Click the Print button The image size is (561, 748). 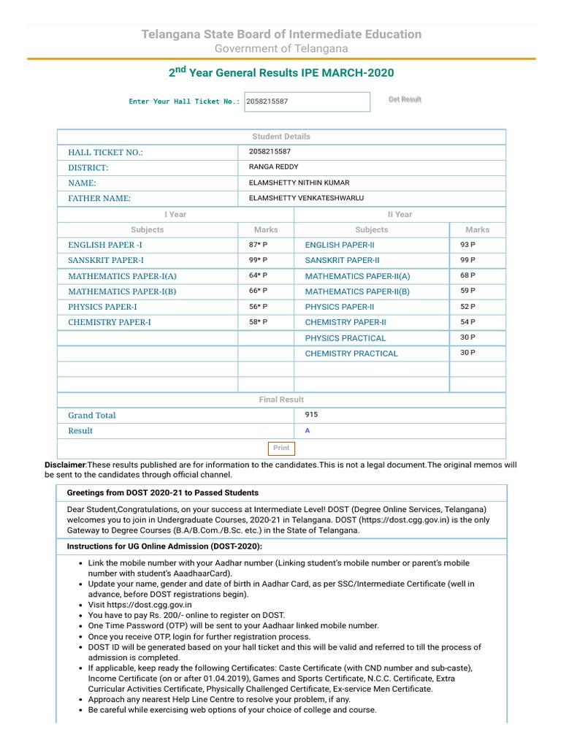click(281, 448)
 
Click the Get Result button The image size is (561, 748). click(405, 99)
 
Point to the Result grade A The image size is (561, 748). click(308, 431)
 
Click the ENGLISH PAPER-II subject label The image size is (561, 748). click(340, 245)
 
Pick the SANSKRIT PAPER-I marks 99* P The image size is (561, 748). click(258, 260)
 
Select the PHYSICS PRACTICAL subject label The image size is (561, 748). click(345, 338)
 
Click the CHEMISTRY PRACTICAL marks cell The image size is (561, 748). click(467, 353)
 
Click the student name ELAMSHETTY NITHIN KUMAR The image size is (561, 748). click(299, 183)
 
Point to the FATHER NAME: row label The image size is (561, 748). click(99, 199)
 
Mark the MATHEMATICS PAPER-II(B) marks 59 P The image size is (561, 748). click(467, 291)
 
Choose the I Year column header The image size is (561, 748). click(175, 214)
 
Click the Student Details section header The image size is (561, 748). click(281, 137)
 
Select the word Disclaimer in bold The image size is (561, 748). click(65, 465)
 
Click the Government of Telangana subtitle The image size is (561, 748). click(281, 48)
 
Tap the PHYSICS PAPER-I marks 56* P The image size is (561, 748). click(258, 307)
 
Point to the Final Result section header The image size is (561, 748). click(281, 400)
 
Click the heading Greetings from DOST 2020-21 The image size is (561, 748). click(162, 492)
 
